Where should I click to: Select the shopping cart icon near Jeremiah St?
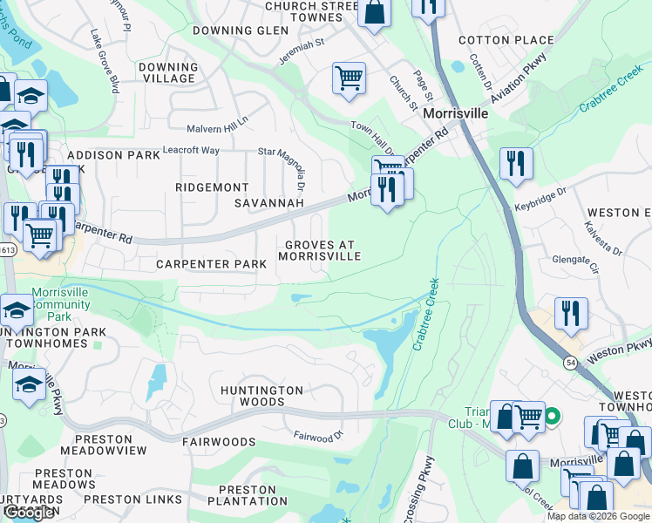(x=349, y=78)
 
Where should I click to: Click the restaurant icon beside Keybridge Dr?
(x=516, y=163)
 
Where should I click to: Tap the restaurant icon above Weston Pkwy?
(x=571, y=314)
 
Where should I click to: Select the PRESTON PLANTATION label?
(x=247, y=495)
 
